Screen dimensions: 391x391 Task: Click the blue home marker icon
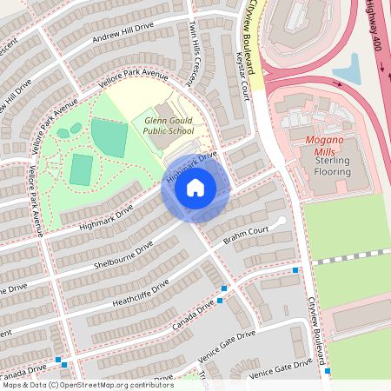point(195,188)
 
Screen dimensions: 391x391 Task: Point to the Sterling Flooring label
point(327,166)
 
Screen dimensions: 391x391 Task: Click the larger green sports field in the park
point(109,137)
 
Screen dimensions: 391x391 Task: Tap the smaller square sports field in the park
point(81,169)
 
